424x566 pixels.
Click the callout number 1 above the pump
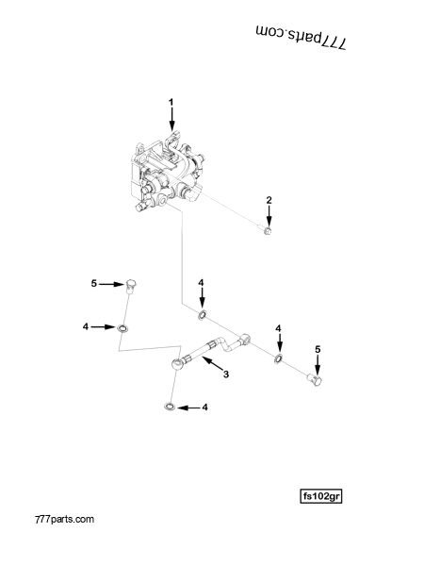171,101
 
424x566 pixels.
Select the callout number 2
269,200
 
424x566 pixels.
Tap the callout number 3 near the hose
226,375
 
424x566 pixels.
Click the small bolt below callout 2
269,230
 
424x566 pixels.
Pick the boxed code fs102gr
320,494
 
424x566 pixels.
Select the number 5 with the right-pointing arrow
93,283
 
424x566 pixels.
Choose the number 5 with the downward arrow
318,349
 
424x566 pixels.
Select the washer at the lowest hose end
168,408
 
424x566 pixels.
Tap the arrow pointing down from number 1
171,118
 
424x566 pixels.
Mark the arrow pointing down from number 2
269,214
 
